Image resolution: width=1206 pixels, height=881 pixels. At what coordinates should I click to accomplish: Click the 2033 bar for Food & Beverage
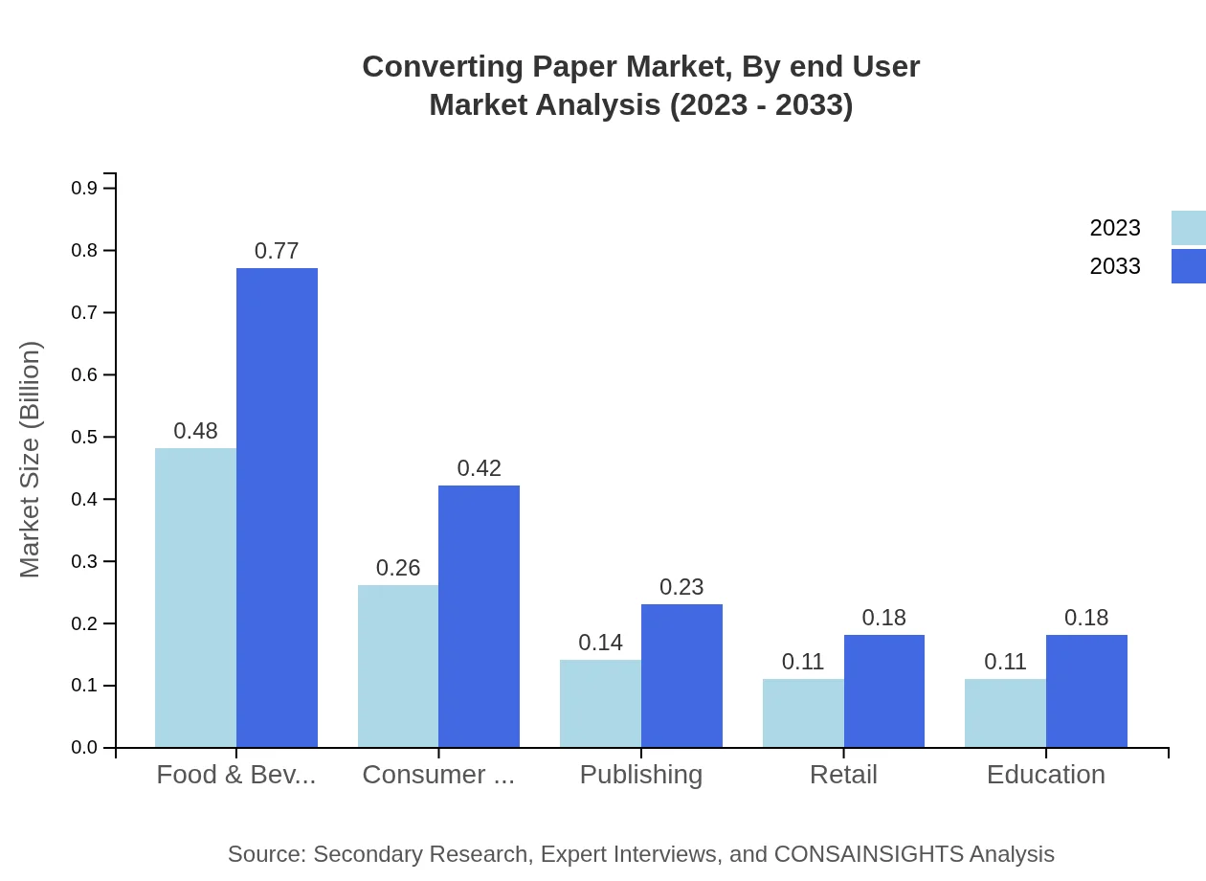point(277,508)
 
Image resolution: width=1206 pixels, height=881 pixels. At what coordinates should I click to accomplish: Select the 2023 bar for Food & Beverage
point(195,598)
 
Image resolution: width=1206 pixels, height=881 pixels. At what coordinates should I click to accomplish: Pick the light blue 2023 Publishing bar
point(600,703)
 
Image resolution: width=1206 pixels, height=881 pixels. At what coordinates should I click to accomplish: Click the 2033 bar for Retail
point(883,690)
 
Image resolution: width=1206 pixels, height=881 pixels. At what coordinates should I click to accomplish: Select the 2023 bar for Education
point(1005,712)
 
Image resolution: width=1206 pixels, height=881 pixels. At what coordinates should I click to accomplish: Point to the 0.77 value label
point(277,251)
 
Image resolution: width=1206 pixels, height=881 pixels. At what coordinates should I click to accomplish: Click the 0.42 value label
point(479,468)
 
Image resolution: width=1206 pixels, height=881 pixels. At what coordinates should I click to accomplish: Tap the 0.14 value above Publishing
point(600,643)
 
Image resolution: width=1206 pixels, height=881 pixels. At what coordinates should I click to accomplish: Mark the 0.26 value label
point(398,568)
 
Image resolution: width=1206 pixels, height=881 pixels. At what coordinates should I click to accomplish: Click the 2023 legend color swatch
point(1188,228)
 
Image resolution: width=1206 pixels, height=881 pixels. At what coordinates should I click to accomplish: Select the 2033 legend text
point(1115,266)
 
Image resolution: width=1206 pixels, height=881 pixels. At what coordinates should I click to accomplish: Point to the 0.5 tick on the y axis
point(84,438)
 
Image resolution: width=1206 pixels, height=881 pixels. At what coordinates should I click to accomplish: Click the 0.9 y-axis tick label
point(84,189)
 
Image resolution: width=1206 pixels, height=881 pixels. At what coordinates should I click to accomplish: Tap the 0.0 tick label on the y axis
point(84,748)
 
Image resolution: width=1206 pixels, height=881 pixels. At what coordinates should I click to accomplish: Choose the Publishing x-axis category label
point(641,774)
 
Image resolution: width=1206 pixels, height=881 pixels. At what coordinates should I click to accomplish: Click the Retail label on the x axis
point(843,774)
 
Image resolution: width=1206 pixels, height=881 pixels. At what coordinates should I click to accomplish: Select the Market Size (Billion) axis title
point(31,460)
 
